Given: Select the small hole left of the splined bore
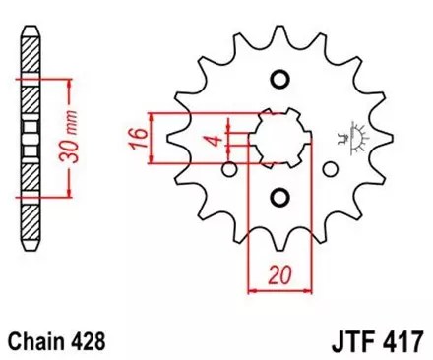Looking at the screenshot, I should click(229, 171).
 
